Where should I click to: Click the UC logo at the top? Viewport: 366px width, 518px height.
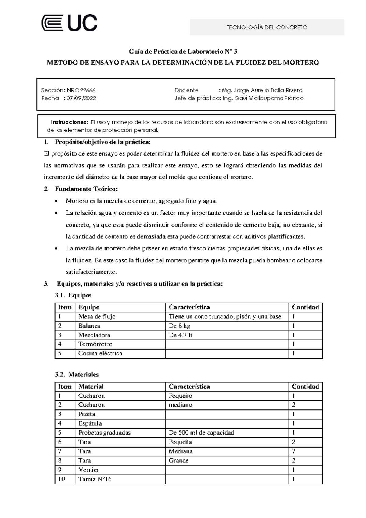pyautogui.click(x=69, y=23)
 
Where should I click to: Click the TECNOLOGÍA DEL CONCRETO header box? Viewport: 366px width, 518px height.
pyautogui.click(x=267, y=27)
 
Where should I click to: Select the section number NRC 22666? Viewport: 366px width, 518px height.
pyautogui.click(x=81, y=90)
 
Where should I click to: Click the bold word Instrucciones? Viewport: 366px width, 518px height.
pyautogui.click(x=69, y=122)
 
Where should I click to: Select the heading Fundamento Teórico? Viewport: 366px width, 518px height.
pyautogui.click(x=86, y=189)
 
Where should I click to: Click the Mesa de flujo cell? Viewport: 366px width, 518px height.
pyautogui.click(x=97, y=317)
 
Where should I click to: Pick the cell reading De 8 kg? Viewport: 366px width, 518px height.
pyautogui.click(x=180, y=326)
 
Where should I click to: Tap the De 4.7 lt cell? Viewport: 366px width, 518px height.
pyautogui.click(x=181, y=335)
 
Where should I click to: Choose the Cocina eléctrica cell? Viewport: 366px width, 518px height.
pyautogui.click(x=100, y=354)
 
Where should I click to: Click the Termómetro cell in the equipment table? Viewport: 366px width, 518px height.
pyautogui.click(x=95, y=344)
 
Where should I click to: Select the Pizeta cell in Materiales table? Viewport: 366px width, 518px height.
pyautogui.click(x=87, y=414)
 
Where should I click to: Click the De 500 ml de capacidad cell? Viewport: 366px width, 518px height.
pyautogui.click(x=201, y=433)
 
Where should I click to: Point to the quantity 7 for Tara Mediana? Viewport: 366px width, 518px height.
pyautogui.click(x=293, y=451)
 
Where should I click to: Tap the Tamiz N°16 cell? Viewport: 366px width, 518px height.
pyautogui.click(x=95, y=479)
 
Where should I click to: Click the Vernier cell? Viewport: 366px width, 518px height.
pyautogui.click(x=89, y=470)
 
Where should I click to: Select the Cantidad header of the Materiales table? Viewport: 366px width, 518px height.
pyautogui.click(x=305, y=387)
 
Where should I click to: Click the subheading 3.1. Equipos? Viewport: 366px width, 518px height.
pyautogui.click(x=73, y=295)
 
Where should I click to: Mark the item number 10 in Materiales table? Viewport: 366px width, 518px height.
pyautogui.click(x=62, y=479)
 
